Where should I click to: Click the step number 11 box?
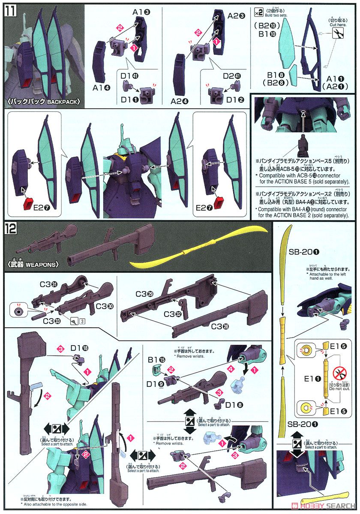point(9,9)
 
